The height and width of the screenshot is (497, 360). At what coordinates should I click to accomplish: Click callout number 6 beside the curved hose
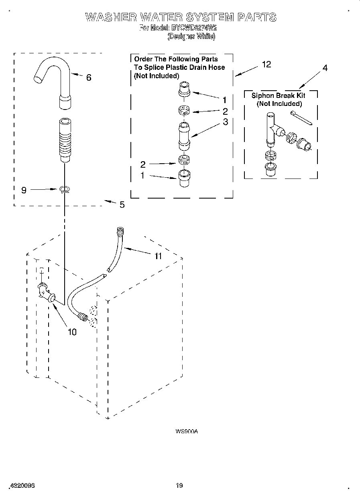(89, 77)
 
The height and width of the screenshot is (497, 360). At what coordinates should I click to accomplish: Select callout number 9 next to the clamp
(24, 190)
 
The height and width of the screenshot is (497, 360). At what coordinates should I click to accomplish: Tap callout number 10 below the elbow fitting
(72, 332)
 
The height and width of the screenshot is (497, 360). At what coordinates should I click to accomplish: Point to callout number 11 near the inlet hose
(158, 256)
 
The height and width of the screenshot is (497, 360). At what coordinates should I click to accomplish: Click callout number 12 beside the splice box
(266, 64)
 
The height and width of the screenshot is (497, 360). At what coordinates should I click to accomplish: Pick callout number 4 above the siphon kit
(325, 68)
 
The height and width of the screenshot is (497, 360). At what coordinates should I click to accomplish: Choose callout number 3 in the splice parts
(225, 122)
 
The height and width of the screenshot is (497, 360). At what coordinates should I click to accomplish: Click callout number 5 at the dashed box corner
(122, 205)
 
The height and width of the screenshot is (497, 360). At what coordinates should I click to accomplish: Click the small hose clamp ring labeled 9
(64, 189)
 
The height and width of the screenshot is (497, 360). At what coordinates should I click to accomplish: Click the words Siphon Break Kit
(278, 95)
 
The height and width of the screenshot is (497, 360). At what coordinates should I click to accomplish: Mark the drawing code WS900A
(187, 432)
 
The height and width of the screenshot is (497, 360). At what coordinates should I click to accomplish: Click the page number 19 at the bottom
(179, 485)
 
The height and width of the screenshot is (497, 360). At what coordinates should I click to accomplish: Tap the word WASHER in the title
(110, 17)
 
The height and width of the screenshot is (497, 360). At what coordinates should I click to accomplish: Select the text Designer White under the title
(191, 36)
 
